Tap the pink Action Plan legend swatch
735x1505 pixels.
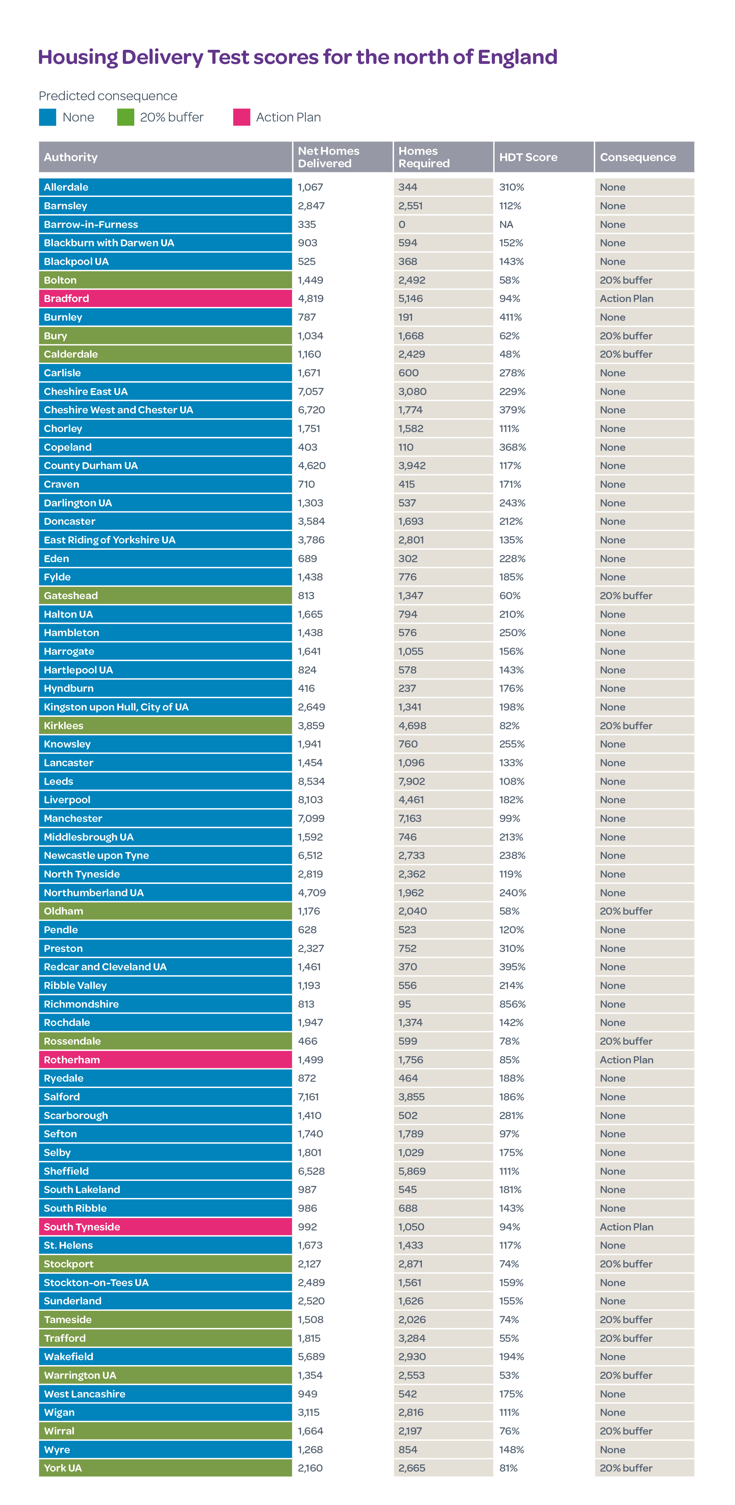tap(241, 117)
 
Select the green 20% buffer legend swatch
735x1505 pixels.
tap(126, 117)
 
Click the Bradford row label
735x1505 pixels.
tap(66, 298)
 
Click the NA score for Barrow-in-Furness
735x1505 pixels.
tap(506, 224)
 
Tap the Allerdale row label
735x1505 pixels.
tap(66, 187)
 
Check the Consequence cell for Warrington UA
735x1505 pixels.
tap(626, 1375)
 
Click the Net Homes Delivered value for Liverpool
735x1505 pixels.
tap(310, 800)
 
